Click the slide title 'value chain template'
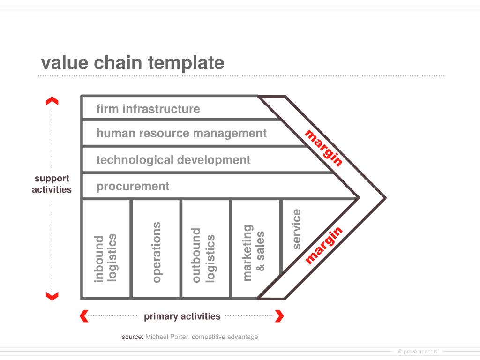click(x=133, y=63)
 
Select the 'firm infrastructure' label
click(x=148, y=109)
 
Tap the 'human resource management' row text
click(x=181, y=133)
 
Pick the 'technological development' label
click(x=173, y=160)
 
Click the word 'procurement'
click(x=133, y=186)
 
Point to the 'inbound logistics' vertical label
click(x=105, y=257)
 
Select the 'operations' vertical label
click(x=157, y=252)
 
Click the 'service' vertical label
click(x=296, y=229)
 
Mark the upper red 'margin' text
click(x=324, y=148)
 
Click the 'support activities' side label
click(x=52, y=184)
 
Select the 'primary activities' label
click(x=182, y=316)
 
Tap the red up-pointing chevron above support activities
click(x=52, y=101)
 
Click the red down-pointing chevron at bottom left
click(x=52, y=295)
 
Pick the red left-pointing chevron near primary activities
click(x=84, y=316)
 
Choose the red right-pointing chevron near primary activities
click(x=279, y=316)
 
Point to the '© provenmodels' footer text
click(x=417, y=352)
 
